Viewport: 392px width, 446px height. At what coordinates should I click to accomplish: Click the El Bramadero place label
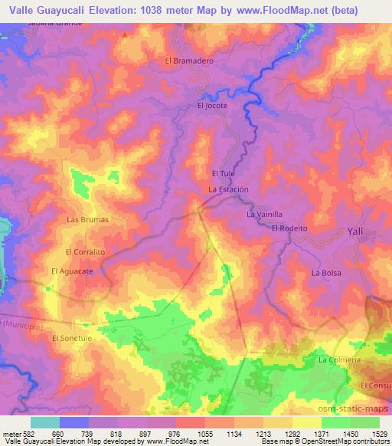188,61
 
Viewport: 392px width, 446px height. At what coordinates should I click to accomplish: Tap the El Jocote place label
212,106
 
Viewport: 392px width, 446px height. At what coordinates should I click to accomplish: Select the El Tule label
222,173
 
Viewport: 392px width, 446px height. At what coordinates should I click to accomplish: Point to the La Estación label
229,189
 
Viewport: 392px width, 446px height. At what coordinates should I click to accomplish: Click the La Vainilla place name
265,215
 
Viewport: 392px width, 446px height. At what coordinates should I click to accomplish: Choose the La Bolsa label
326,272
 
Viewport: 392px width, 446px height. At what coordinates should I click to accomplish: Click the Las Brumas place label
88,219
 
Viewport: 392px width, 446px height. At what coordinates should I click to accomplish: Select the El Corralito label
84,251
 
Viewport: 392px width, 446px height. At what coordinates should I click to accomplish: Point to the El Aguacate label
72,271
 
